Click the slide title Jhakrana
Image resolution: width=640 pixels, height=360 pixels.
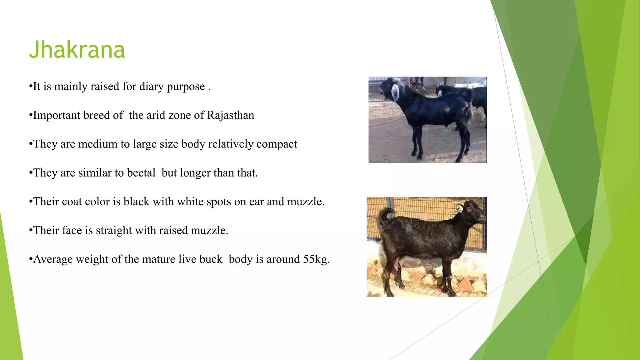[x=77, y=50]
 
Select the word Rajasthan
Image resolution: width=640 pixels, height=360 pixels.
[x=230, y=115]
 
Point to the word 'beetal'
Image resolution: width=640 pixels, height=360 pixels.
[x=141, y=173]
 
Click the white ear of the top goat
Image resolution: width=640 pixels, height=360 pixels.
[x=395, y=92]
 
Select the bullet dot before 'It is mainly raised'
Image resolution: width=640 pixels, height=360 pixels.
[x=31, y=87]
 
